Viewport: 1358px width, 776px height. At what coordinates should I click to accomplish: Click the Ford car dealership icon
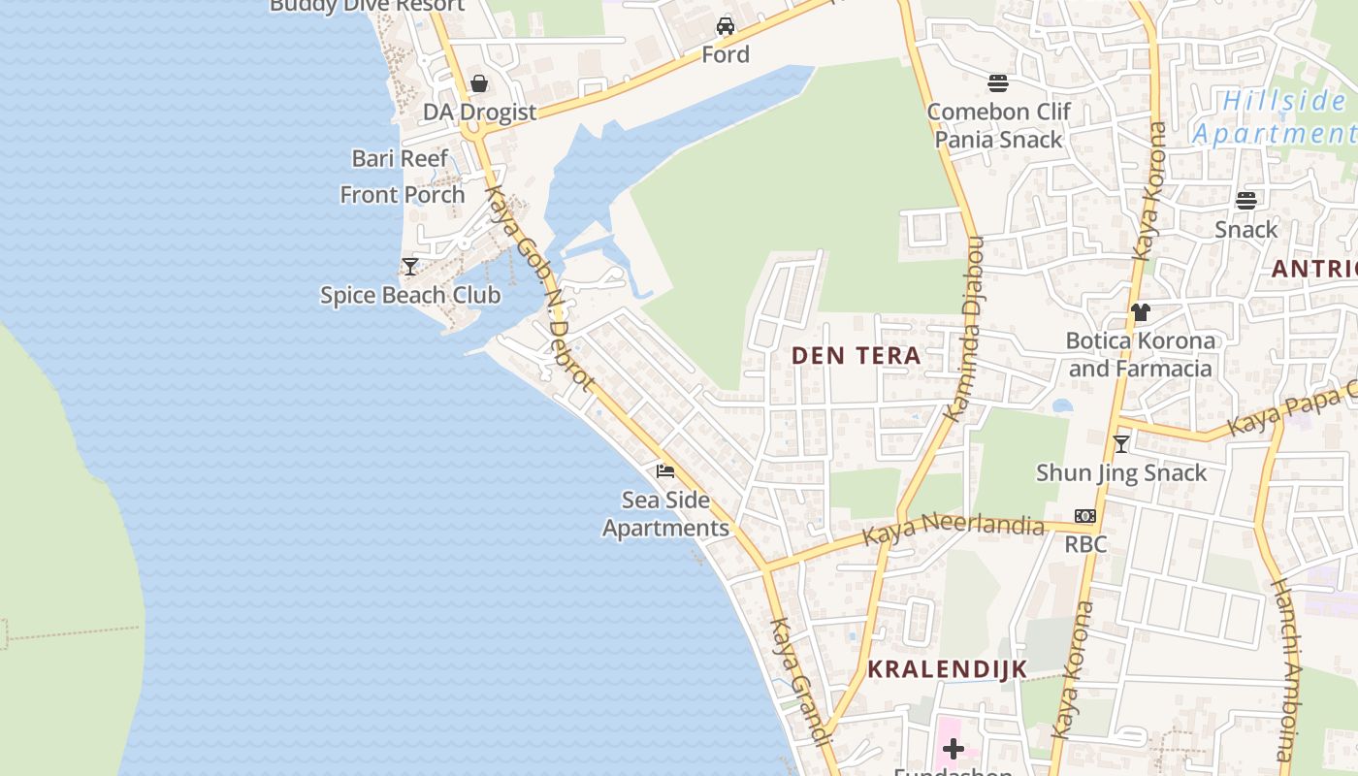pyautogui.click(x=726, y=25)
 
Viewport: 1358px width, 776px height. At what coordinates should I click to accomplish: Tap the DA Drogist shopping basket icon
pyautogui.click(x=479, y=83)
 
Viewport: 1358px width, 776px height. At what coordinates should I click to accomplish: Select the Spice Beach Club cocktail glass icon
pyautogui.click(x=410, y=266)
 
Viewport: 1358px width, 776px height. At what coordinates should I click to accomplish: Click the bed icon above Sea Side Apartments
pyautogui.click(x=665, y=471)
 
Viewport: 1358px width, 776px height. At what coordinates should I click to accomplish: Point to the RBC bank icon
pyautogui.click(x=1085, y=516)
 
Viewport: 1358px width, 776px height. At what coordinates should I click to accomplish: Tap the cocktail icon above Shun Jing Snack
pyautogui.click(x=1121, y=444)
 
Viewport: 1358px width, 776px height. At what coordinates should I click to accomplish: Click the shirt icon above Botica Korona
pyautogui.click(x=1141, y=312)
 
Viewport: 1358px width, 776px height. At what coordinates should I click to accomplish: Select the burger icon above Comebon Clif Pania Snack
pyautogui.click(x=998, y=82)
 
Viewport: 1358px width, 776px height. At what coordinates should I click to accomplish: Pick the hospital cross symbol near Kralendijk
pyautogui.click(x=954, y=748)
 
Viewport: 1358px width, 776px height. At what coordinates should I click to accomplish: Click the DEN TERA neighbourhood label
pyautogui.click(x=856, y=356)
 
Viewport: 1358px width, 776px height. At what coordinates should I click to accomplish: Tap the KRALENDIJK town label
pyautogui.click(x=947, y=669)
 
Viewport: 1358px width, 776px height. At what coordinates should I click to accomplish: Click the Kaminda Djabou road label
pyautogui.click(x=965, y=330)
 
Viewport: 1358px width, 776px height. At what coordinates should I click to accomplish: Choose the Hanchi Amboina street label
pyautogui.click(x=1286, y=669)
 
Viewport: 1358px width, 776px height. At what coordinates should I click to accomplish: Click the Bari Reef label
pyautogui.click(x=400, y=158)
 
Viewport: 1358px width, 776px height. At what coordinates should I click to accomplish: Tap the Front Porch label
pyautogui.click(x=403, y=195)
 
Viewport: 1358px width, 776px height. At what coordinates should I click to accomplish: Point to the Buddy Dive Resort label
pyautogui.click(x=367, y=6)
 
